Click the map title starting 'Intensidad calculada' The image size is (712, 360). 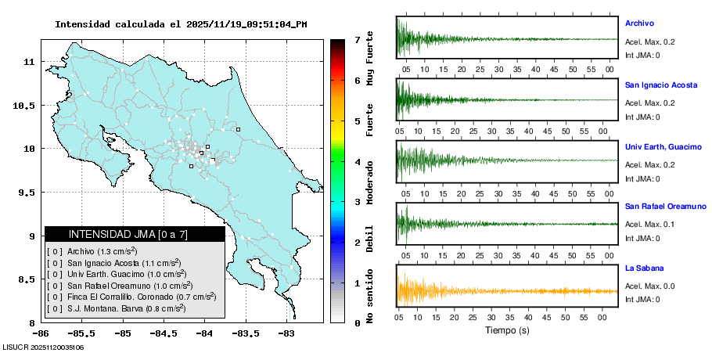[181, 24]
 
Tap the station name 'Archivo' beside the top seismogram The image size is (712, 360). [639, 23]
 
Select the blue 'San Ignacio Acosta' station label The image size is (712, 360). [660, 85]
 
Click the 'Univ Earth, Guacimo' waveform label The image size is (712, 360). [662, 146]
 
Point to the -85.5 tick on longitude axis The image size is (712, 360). [83, 333]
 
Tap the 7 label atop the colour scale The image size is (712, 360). [357, 39]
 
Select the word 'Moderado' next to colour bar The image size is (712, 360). [369, 181]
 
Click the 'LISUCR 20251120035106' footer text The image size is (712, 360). [43, 347]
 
